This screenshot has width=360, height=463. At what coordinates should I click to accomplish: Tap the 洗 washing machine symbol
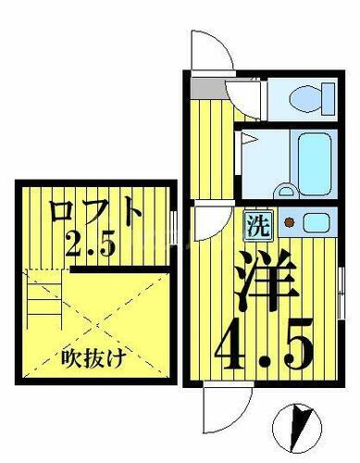coord(256,223)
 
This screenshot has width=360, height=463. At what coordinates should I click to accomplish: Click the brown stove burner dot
coord(289,222)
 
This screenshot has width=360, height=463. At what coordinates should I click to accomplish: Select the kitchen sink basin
coord(315,222)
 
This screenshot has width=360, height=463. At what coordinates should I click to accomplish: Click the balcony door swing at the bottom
coord(225,406)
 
